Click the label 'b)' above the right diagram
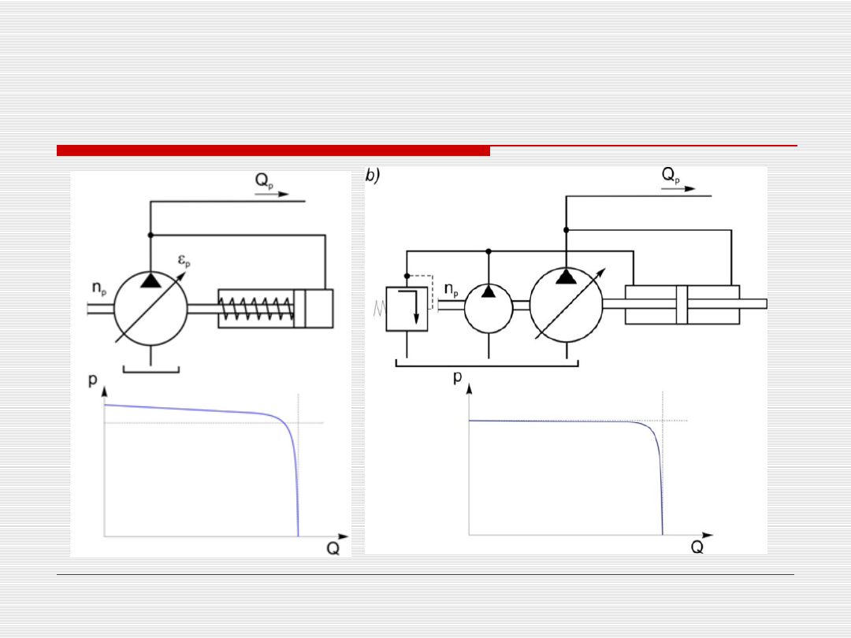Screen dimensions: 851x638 [372, 175]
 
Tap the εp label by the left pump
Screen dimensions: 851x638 [184, 261]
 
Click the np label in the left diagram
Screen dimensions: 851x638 [99, 288]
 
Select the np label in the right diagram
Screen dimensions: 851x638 [452, 290]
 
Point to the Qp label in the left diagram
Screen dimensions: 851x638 [264, 180]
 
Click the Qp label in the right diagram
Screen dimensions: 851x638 [671, 175]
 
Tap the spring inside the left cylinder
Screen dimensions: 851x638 [256, 310]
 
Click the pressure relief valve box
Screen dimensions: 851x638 [407, 309]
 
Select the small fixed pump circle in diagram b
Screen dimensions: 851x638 [489, 308]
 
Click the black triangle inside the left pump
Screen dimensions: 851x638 [151, 280]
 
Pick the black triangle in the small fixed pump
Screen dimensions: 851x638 [489, 291]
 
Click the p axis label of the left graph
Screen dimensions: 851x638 [93, 379]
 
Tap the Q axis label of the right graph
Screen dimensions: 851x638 [697, 547]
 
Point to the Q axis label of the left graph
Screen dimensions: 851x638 [333, 548]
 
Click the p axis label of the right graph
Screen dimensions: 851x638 [458, 376]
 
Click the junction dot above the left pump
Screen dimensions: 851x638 [151, 235]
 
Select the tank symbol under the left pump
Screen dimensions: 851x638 [151, 369]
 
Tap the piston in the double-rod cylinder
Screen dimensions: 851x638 [682, 304]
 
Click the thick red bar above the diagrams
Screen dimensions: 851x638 [273, 150]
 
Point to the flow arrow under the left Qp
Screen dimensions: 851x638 [272, 194]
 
